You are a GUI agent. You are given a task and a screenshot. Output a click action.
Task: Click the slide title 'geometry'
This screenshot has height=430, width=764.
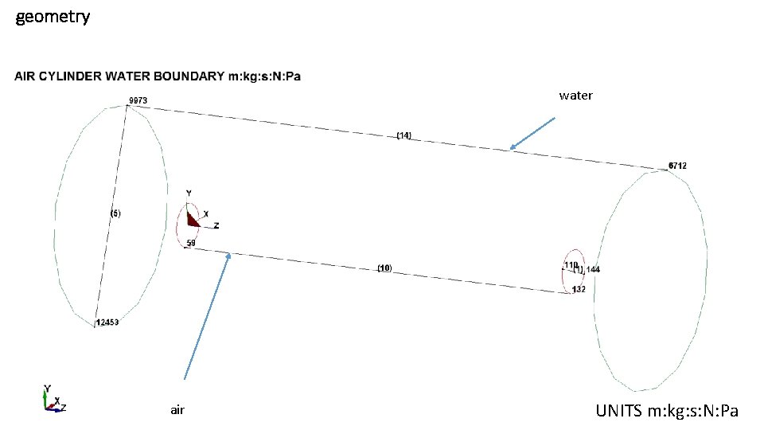tap(53, 16)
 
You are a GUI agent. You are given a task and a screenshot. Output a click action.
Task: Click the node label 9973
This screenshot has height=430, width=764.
tap(138, 100)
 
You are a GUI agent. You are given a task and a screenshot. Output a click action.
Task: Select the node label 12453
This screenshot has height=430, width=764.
tap(107, 322)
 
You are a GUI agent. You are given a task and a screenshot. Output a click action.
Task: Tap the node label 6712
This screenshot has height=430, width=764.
tap(677, 166)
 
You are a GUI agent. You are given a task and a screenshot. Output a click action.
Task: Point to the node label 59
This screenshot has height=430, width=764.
tap(191, 243)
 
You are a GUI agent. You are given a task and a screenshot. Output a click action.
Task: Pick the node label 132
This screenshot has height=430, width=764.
tap(579, 289)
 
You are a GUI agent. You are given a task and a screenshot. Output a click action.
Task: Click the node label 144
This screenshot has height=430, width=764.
tap(593, 270)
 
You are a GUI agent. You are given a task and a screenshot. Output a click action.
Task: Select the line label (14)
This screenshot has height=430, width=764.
tap(404, 136)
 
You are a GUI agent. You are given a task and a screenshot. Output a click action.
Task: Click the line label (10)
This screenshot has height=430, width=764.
tap(384, 269)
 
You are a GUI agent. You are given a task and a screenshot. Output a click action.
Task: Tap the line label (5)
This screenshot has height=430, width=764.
tap(115, 213)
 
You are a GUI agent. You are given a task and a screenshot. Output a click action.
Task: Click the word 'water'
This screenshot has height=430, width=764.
tap(575, 96)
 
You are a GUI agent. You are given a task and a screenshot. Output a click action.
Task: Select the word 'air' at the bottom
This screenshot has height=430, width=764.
tap(177, 410)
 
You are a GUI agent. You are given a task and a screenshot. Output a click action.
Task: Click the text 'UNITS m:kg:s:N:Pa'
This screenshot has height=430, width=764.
tap(667, 411)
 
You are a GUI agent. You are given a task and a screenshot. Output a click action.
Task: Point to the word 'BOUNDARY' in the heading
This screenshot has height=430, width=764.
tap(188, 76)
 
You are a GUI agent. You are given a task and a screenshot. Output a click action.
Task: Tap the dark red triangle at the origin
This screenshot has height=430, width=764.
tap(191, 218)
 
